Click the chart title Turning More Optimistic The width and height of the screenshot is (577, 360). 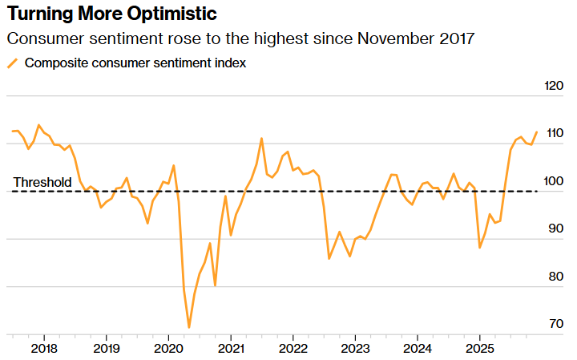(x=111, y=14)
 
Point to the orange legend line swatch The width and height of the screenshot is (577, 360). (x=12, y=63)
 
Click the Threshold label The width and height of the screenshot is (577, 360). (x=42, y=182)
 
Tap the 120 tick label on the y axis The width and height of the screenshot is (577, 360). (x=553, y=86)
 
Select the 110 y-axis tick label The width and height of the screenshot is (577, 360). (x=553, y=133)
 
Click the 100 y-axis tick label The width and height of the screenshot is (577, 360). (x=553, y=181)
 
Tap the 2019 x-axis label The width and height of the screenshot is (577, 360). (x=106, y=349)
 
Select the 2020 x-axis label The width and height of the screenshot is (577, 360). (x=168, y=349)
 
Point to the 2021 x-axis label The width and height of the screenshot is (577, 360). (x=230, y=349)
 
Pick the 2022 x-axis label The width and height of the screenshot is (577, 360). (x=293, y=349)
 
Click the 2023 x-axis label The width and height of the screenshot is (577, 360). (x=355, y=349)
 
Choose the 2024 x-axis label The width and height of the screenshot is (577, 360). (x=417, y=349)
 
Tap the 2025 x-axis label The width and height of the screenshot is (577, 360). (x=479, y=349)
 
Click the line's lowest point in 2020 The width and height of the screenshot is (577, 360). (x=189, y=327)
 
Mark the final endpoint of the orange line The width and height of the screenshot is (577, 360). (x=536, y=131)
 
